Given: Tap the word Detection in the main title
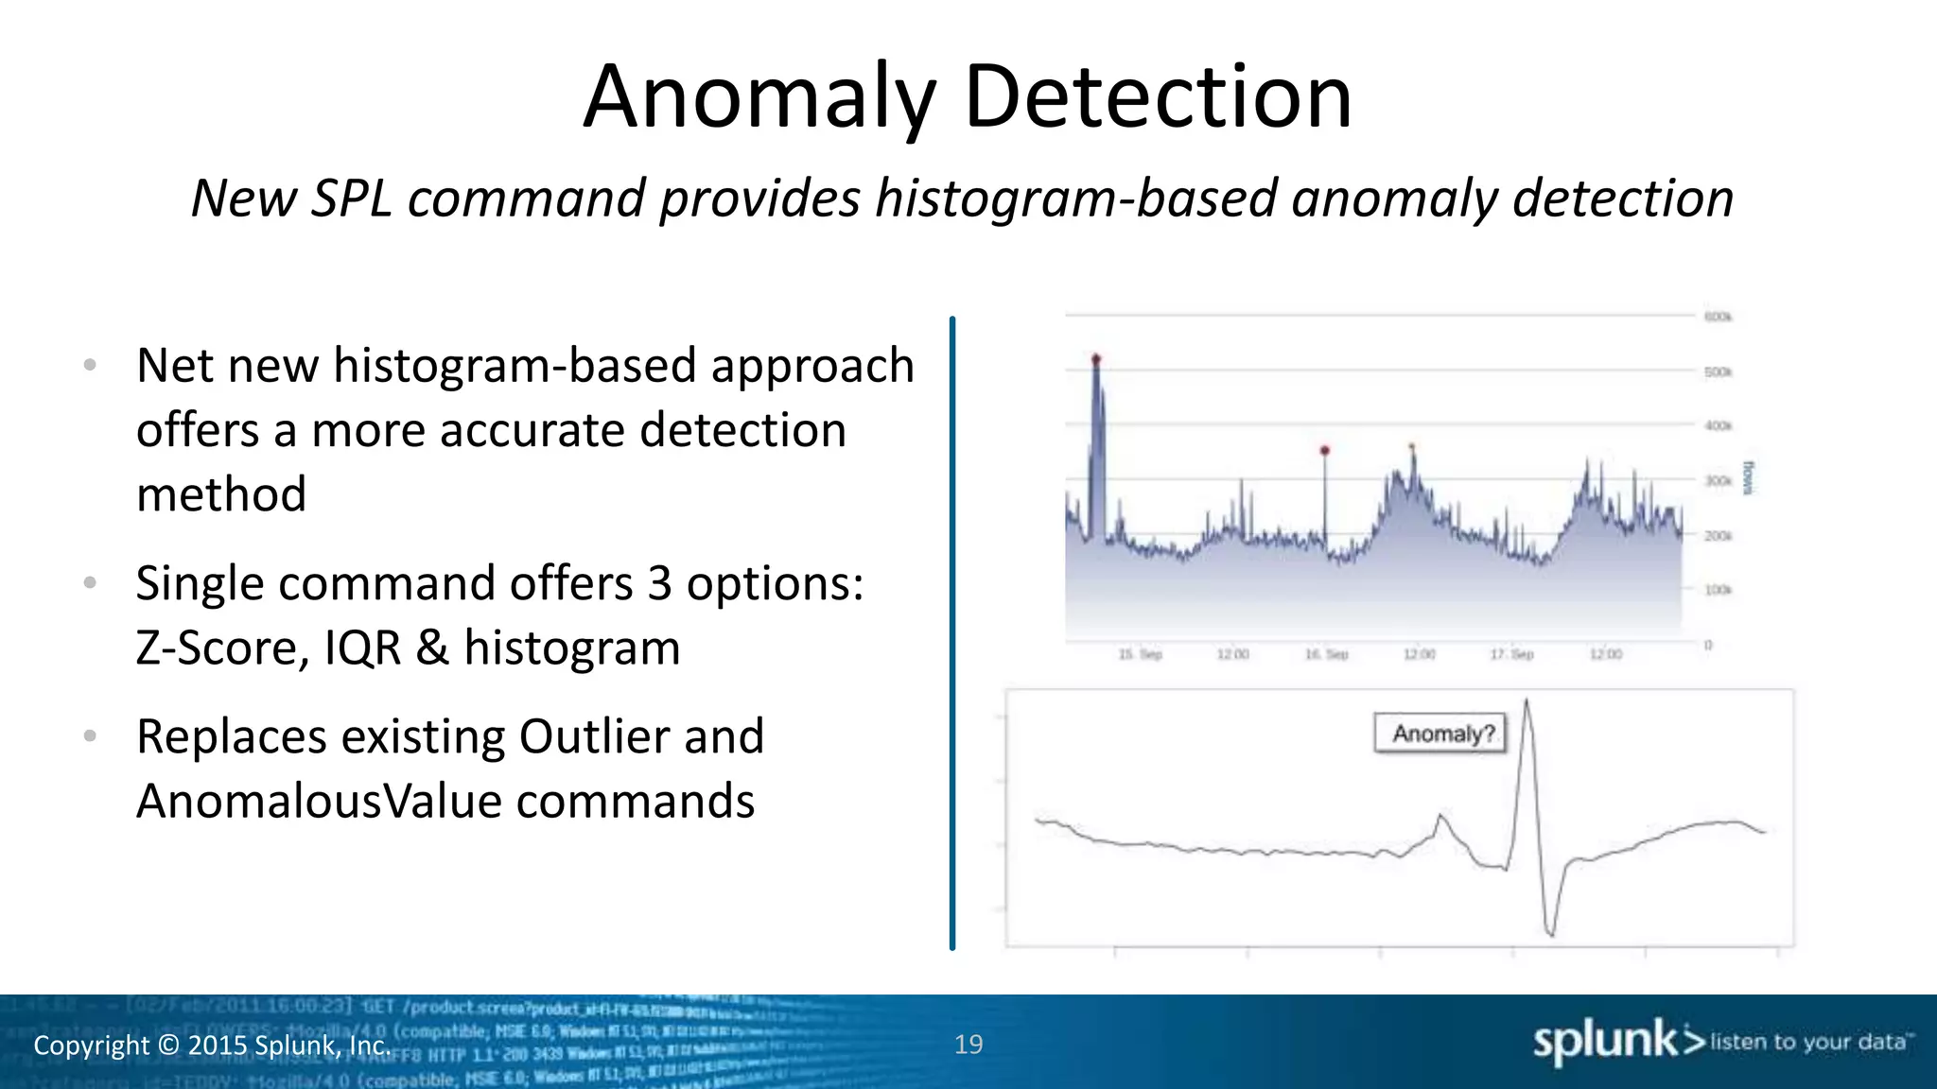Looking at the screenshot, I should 1158,97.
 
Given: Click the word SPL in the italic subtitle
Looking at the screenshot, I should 351,199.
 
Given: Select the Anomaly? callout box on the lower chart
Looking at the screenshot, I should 1440,734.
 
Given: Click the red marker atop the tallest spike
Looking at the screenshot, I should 1096,359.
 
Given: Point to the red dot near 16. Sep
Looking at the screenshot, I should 1324,451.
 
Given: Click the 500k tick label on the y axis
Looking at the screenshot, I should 1718,372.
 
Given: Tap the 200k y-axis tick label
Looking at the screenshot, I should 1718,536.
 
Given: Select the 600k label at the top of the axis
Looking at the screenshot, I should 1718,317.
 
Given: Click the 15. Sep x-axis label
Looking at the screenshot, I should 1140,654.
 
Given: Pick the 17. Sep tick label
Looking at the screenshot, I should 1511,654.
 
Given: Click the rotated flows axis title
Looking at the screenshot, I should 1748,478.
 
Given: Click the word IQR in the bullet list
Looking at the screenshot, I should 362,648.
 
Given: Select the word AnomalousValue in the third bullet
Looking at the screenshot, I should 318,802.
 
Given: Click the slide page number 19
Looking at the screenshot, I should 968,1045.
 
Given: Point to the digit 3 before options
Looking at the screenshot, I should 659,584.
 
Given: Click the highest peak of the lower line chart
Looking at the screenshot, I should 1527,701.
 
